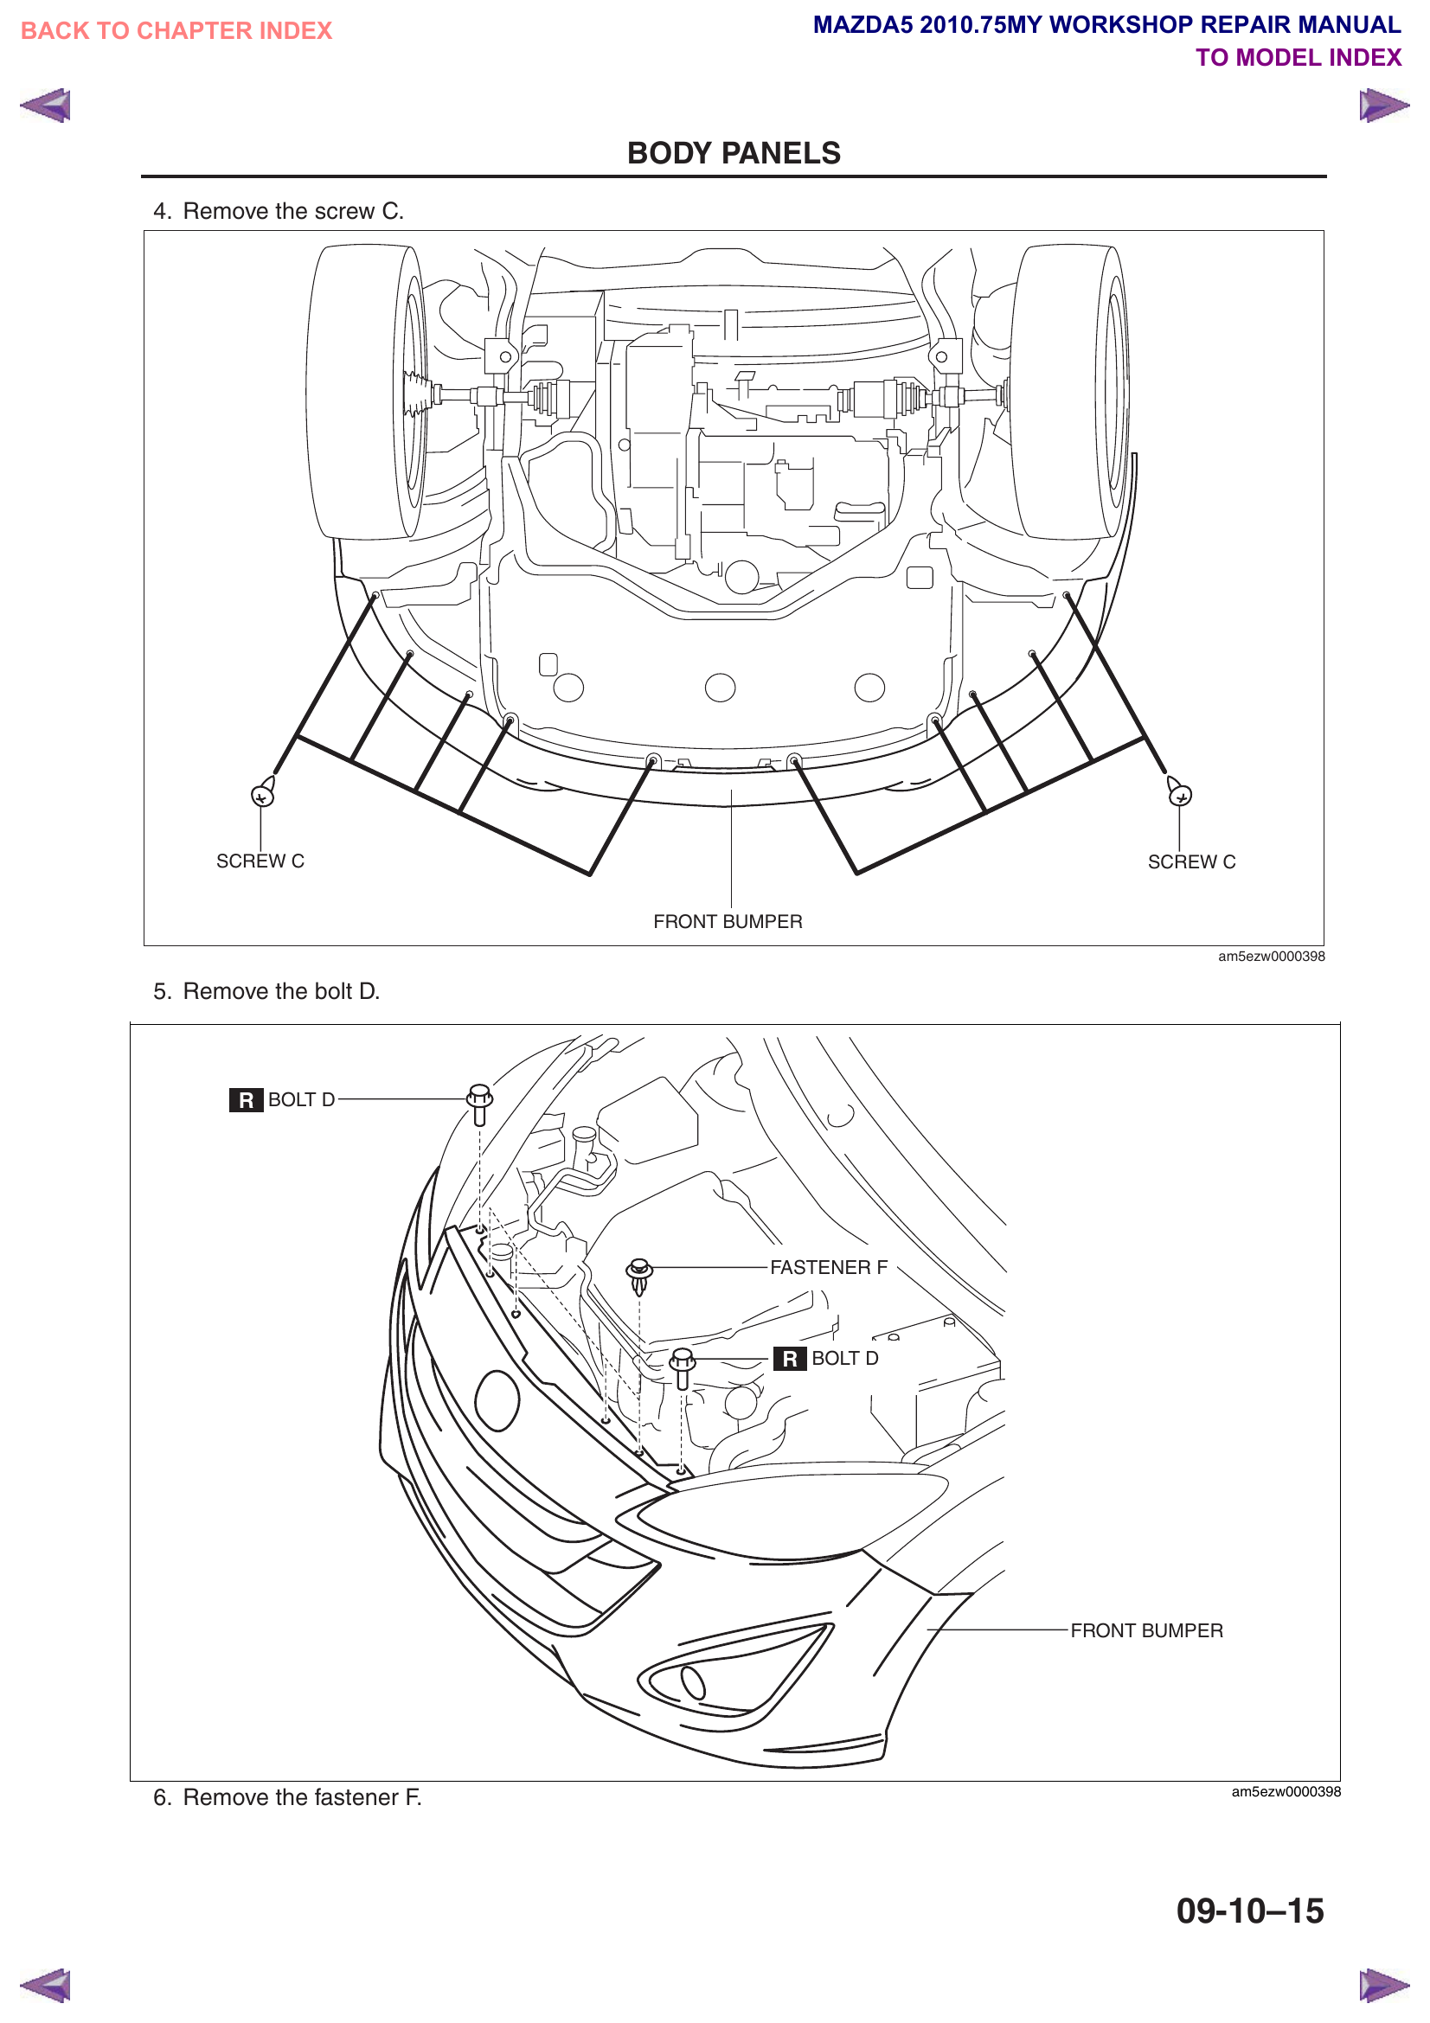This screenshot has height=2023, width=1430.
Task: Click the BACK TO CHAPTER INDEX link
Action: point(176,31)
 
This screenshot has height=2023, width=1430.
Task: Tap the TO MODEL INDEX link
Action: point(1298,58)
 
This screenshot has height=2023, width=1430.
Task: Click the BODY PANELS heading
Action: point(733,153)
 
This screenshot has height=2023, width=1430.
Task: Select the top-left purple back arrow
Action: point(45,106)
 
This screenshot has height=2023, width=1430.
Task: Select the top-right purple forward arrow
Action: point(1383,106)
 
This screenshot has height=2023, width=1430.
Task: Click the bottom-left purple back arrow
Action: point(45,1985)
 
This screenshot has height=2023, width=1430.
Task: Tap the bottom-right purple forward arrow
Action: point(1383,1985)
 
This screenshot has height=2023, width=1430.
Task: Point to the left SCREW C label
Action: point(260,861)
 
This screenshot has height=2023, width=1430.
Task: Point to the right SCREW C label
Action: point(1191,861)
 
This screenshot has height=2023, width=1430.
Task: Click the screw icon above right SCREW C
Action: point(1179,792)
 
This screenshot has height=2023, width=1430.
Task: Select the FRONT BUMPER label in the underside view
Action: point(728,922)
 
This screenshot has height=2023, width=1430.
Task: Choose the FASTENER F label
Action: point(828,1267)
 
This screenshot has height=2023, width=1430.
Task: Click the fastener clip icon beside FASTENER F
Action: point(639,1274)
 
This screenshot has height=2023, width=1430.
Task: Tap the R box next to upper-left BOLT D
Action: point(246,1100)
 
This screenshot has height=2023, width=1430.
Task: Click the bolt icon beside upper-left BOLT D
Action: point(479,1103)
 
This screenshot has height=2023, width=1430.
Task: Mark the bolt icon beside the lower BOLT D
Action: point(682,1367)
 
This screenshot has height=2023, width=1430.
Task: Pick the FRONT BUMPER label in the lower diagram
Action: point(1146,1631)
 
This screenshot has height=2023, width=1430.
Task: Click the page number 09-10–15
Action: point(1249,1911)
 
